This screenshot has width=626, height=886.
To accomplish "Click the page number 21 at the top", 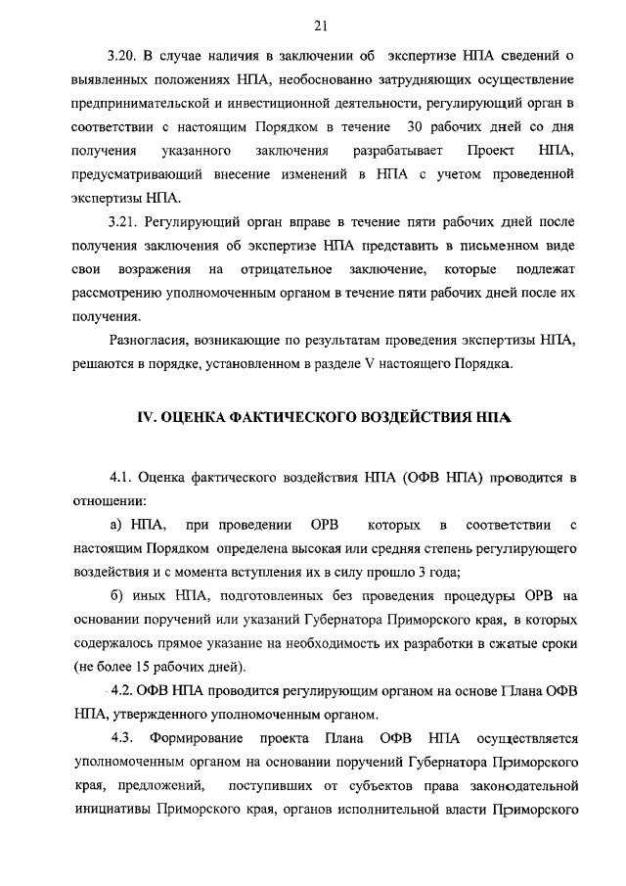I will tap(320, 24).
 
